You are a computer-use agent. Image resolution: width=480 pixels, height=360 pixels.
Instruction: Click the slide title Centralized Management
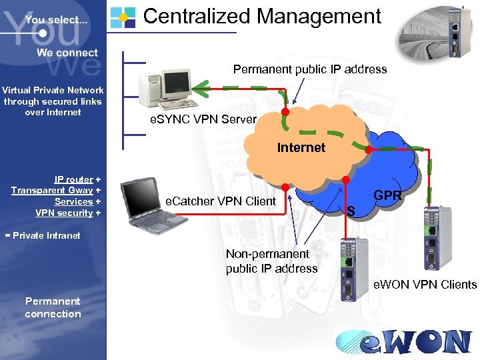point(262,16)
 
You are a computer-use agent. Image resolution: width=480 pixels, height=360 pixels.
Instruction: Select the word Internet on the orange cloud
point(301,147)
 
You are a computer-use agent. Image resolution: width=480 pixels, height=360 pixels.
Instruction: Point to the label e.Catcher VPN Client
point(221,201)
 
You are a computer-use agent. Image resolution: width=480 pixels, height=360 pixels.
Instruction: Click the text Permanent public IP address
point(309,69)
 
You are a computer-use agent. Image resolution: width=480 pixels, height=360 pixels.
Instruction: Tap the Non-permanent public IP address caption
point(271,261)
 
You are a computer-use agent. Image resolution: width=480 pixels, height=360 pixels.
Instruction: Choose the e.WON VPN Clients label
point(425,285)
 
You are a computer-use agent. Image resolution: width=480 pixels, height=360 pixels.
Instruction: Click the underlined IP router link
point(73,179)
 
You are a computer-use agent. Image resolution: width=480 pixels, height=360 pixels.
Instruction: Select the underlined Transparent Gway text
point(52,191)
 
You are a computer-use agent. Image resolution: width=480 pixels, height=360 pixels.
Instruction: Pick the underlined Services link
point(73,201)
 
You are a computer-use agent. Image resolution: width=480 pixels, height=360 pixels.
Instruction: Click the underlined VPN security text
point(64,213)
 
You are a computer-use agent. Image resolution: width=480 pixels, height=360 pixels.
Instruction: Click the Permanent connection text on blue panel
point(53,307)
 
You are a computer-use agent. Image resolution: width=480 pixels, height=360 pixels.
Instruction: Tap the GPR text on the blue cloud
point(387,195)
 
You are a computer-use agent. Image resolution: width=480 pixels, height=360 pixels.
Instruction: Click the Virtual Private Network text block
point(53,101)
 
